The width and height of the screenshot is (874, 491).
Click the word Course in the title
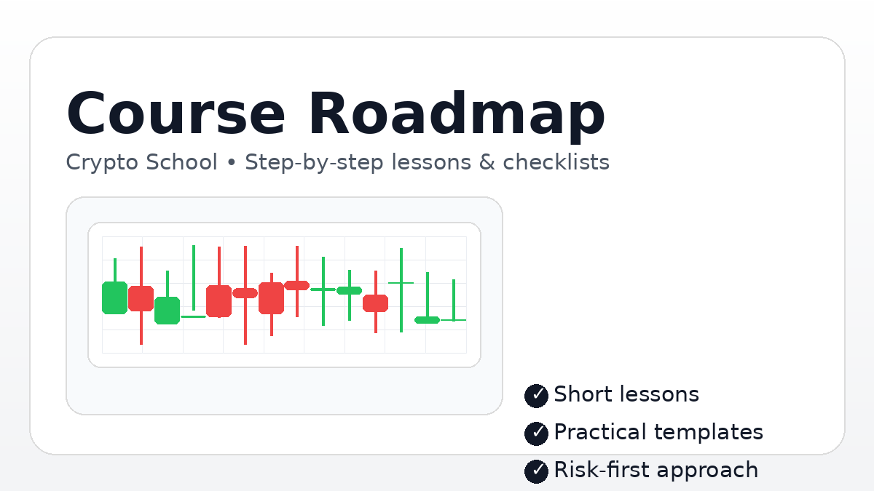175,115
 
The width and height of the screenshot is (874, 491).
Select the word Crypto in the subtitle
102,162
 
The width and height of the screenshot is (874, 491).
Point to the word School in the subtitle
181,162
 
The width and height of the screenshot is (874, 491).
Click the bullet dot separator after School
232,163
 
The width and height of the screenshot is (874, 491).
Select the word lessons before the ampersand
432,162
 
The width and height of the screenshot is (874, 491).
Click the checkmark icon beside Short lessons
536,396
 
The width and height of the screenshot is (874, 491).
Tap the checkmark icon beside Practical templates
536,434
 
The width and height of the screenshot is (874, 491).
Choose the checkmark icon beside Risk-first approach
536,471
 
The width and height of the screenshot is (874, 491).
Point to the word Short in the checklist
580,394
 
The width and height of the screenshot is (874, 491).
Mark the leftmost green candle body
114,298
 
